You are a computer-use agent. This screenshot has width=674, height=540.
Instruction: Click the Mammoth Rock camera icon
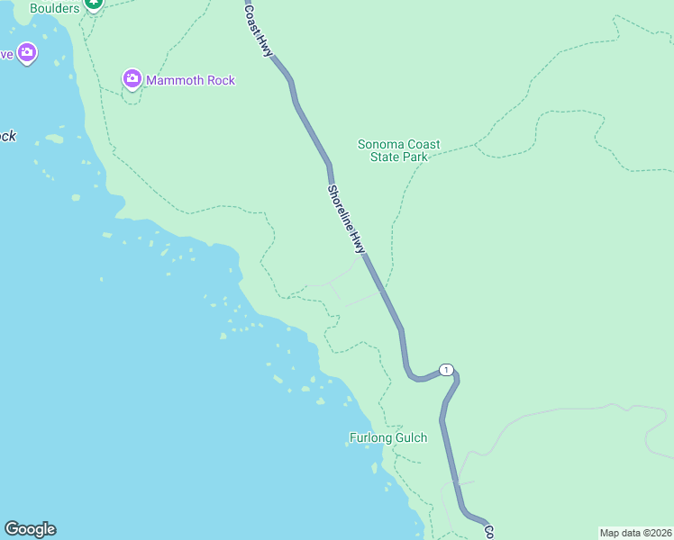pos(132,80)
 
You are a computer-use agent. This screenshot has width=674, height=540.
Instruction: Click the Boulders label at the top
pos(54,8)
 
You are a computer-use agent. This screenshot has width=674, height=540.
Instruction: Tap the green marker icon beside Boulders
pos(93,4)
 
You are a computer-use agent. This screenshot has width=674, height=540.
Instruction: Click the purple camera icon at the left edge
pos(27,53)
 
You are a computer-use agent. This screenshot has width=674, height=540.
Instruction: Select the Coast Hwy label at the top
pos(259,31)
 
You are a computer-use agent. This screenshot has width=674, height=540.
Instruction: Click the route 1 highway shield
pos(445,370)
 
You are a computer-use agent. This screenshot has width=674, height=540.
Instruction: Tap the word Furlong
pos(369,438)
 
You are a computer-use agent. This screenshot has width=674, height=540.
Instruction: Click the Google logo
pos(30,529)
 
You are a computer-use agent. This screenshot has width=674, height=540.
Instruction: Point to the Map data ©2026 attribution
pos(635,532)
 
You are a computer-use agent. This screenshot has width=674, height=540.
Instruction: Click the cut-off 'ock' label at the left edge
pos(7,137)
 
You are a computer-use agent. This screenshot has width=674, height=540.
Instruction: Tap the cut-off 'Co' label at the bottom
pos(489,532)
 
